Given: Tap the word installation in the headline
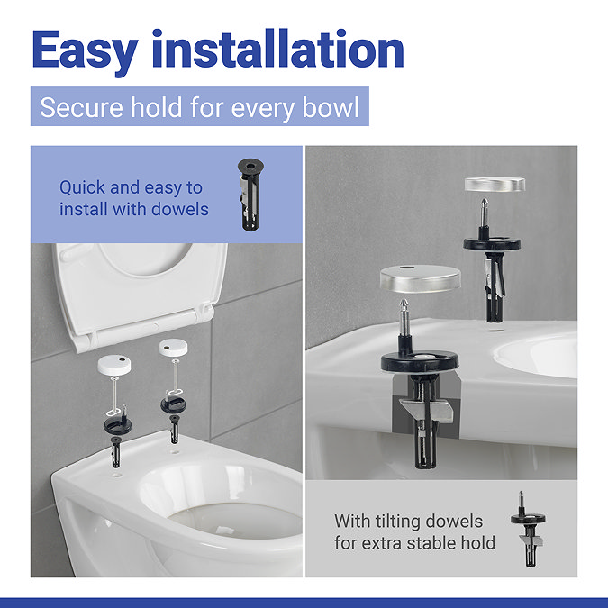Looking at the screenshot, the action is pyautogui.click(x=278, y=49).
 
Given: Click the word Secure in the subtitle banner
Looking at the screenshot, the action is pyautogui.click(x=81, y=107).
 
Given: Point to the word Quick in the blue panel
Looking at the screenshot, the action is pyautogui.click(x=83, y=187).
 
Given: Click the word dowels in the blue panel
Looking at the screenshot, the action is pyautogui.click(x=180, y=209).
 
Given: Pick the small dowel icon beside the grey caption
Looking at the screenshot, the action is pyautogui.click(x=528, y=529).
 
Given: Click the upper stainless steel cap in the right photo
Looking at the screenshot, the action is pyautogui.click(x=495, y=184).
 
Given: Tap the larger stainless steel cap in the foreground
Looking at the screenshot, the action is pyautogui.click(x=421, y=278).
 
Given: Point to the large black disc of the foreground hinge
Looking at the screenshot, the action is pyautogui.click(x=420, y=362).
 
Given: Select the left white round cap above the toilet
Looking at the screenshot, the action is pyautogui.click(x=114, y=366).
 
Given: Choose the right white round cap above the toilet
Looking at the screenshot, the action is pyautogui.click(x=173, y=348).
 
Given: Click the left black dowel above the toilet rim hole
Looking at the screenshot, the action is pyautogui.click(x=116, y=452).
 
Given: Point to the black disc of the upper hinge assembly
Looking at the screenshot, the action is pyautogui.click(x=492, y=244).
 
